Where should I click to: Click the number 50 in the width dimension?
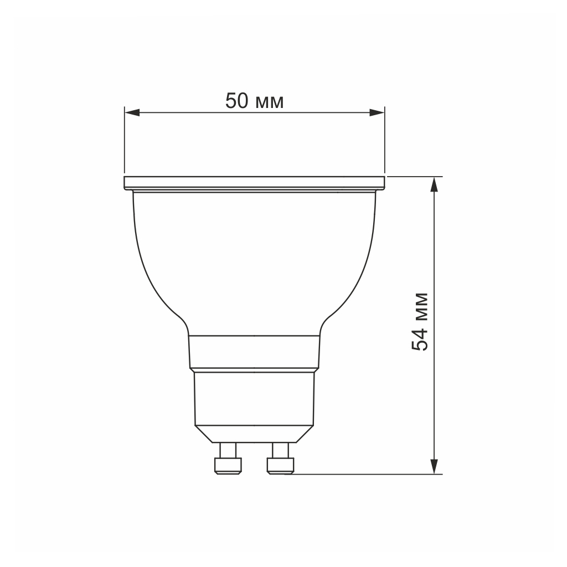click(236, 101)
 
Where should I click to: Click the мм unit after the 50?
click(270, 103)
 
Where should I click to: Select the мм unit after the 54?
click(422, 306)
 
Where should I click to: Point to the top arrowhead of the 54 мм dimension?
click(436, 183)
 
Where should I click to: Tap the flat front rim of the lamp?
click(254, 182)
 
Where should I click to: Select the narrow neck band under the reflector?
click(254, 352)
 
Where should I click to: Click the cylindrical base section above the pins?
click(254, 399)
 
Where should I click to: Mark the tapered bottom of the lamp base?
click(254, 434)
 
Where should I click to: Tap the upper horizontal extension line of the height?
click(415, 176)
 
